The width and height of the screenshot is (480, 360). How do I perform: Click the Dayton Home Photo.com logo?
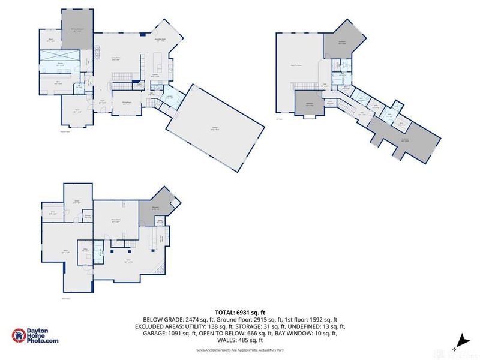pyautogui.click(x=36, y=336)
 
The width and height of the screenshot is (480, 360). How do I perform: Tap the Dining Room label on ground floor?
pyautogui.click(x=127, y=103)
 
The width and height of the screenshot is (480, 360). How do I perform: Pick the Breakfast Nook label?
pyautogui.click(x=160, y=40)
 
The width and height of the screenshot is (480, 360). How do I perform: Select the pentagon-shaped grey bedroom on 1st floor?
pyautogui.click(x=343, y=42)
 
